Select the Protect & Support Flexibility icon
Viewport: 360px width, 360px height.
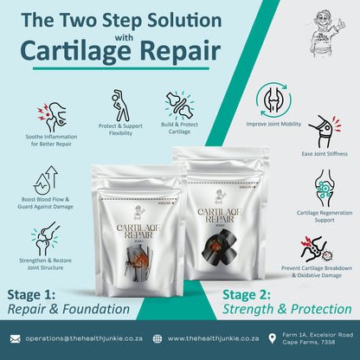click(x=120, y=106)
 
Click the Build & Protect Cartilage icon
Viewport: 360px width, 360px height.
click(x=179, y=106)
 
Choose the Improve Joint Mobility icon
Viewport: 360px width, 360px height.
click(x=274, y=100)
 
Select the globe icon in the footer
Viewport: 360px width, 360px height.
click(x=157, y=339)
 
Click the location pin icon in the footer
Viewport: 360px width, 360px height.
click(x=273, y=339)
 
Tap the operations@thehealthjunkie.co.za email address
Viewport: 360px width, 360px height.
click(x=82, y=339)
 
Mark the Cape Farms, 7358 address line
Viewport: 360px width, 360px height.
click(x=314, y=344)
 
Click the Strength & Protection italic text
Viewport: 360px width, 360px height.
click(x=286, y=309)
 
